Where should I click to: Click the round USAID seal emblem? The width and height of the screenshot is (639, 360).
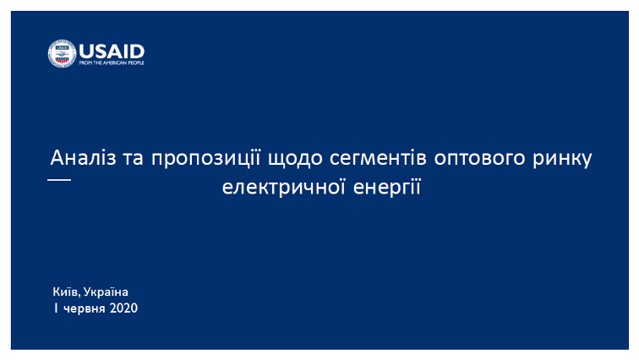pyautogui.click(x=62, y=53)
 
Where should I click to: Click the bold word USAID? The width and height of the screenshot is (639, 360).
pyautogui.click(x=112, y=50)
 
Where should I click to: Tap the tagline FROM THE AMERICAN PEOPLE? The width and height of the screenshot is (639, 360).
pyautogui.click(x=112, y=63)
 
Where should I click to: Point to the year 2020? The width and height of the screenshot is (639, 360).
pyautogui.click(x=123, y=308)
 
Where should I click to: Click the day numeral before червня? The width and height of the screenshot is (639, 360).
pyautogui.click(x=56, y=308)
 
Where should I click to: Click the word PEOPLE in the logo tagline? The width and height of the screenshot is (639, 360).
pyautogui.click(x=135, y=63)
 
